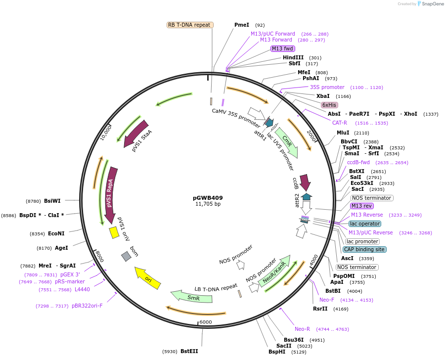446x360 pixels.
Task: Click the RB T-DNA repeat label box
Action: point(190,25)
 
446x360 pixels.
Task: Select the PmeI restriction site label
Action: point(242,25)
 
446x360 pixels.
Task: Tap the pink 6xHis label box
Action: point(329,105)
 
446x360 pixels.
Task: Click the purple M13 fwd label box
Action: point(283,48)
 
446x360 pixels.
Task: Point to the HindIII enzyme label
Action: point(293,57)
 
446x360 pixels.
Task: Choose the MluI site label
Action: point(343,133)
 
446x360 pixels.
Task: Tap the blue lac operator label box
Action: point(364,224)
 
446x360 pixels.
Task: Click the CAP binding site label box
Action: point(365,249)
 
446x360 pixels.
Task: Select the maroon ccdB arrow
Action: point(305,182)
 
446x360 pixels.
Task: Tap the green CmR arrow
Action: point(287,143)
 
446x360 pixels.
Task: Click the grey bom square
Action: point(126,256)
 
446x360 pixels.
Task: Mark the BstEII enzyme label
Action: point(189,351)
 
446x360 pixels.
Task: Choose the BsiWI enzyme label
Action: point(52,201)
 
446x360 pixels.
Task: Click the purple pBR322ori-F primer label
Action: point(87,306)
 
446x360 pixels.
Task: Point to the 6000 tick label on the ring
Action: point(206,322)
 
